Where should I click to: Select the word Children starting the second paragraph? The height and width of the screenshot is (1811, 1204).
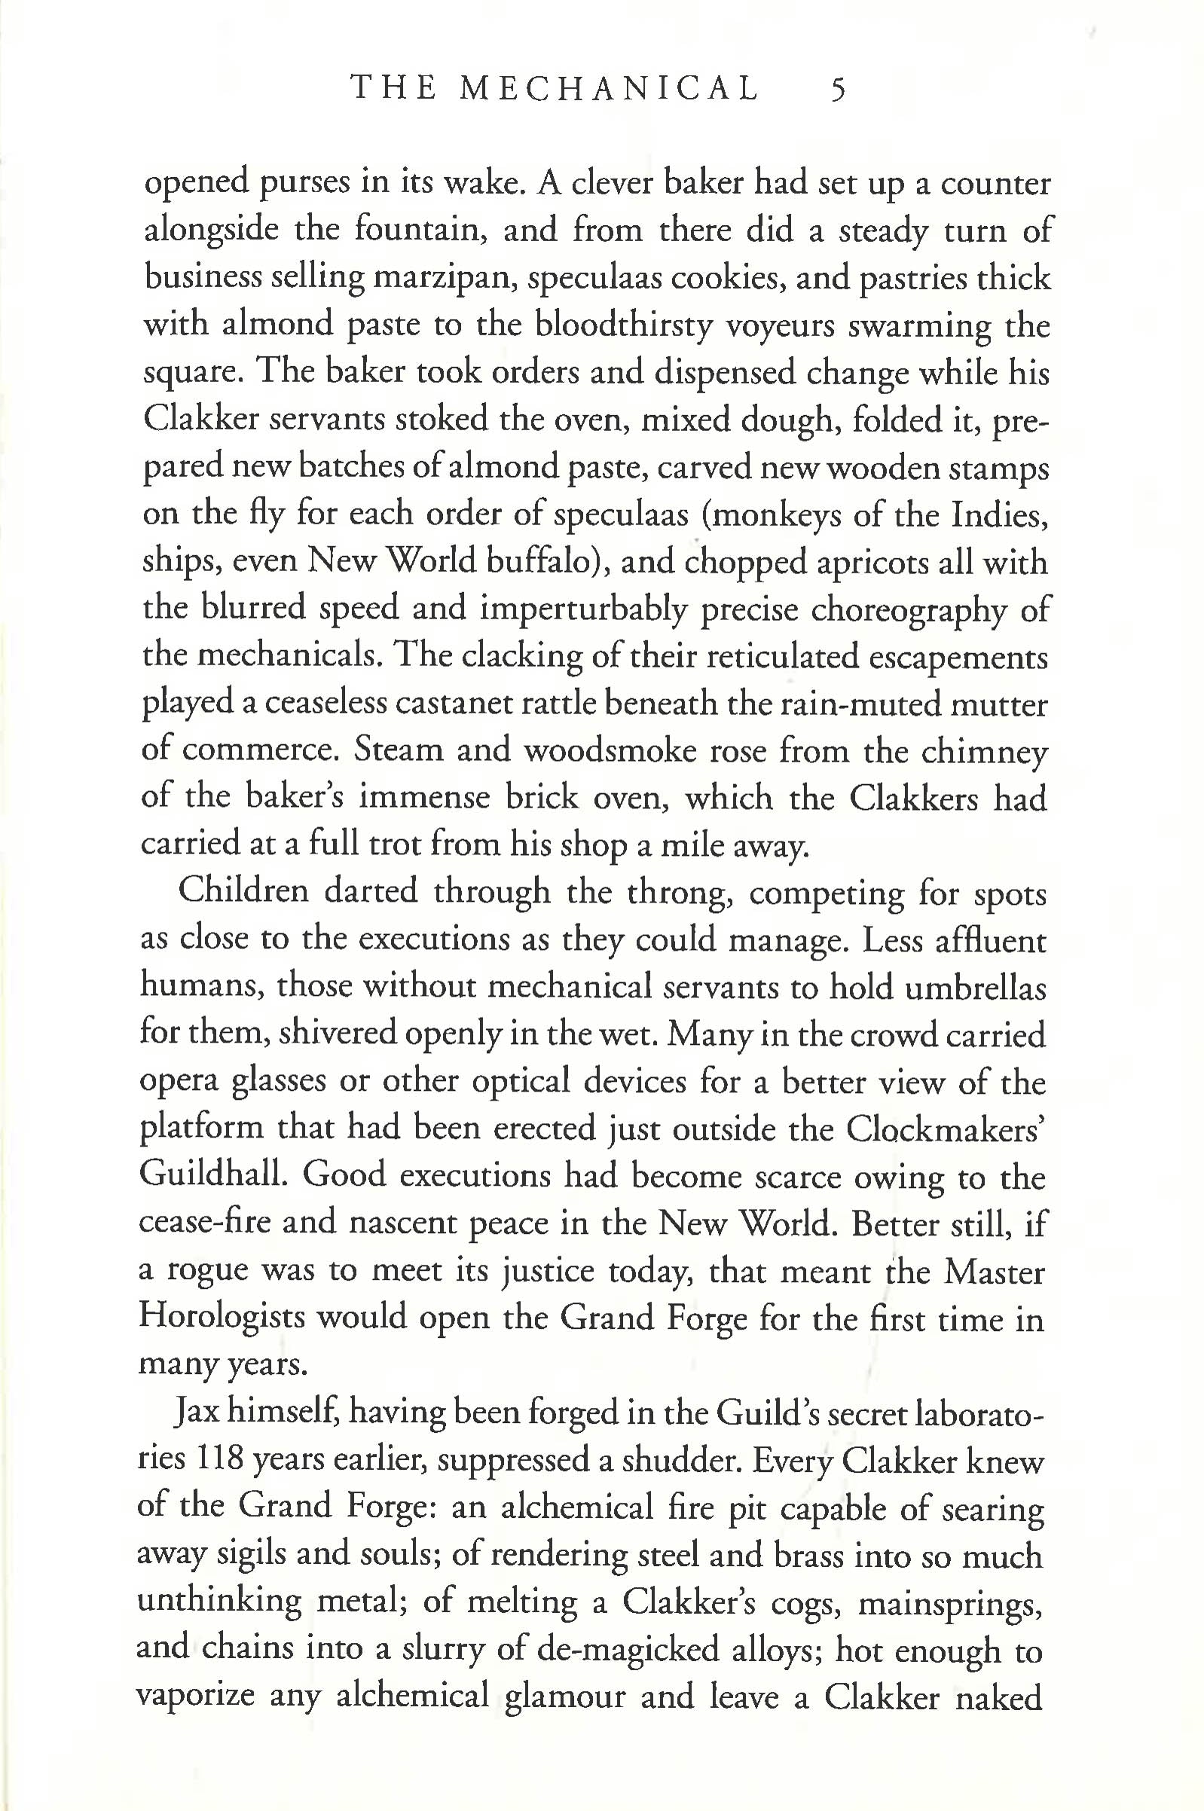point(243,892)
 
